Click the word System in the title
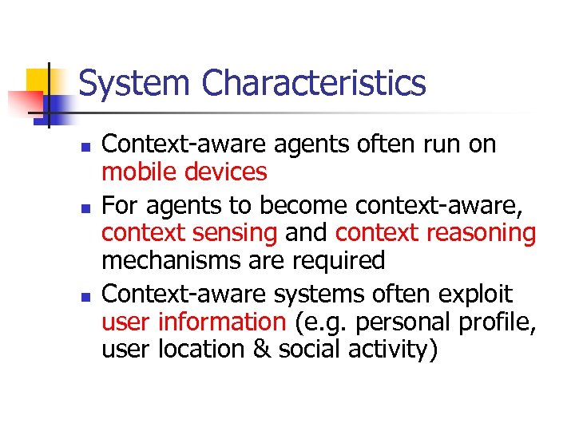[135, 84]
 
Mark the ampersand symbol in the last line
[263, 350]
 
